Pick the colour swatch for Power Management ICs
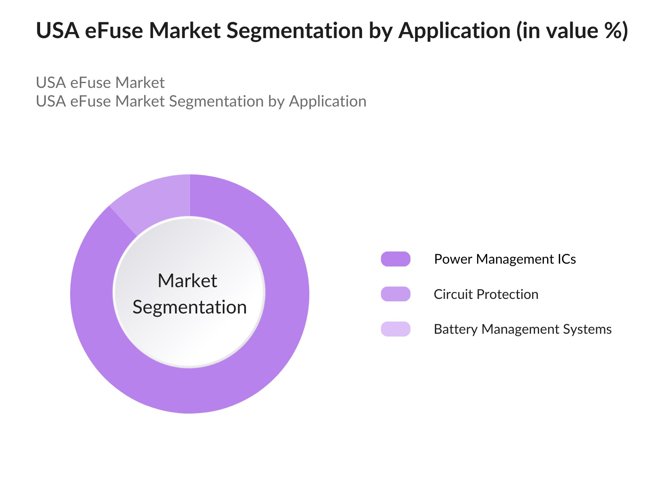pos(396,259)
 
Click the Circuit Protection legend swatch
pos(396,294)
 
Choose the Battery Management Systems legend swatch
pos(396,329)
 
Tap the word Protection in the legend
pos(507,294)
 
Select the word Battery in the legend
pos(456,329)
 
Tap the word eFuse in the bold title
pos(114,30)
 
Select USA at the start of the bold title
pos(58,30)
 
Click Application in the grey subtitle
pos(328,102)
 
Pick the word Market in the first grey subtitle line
pos(140,82)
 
